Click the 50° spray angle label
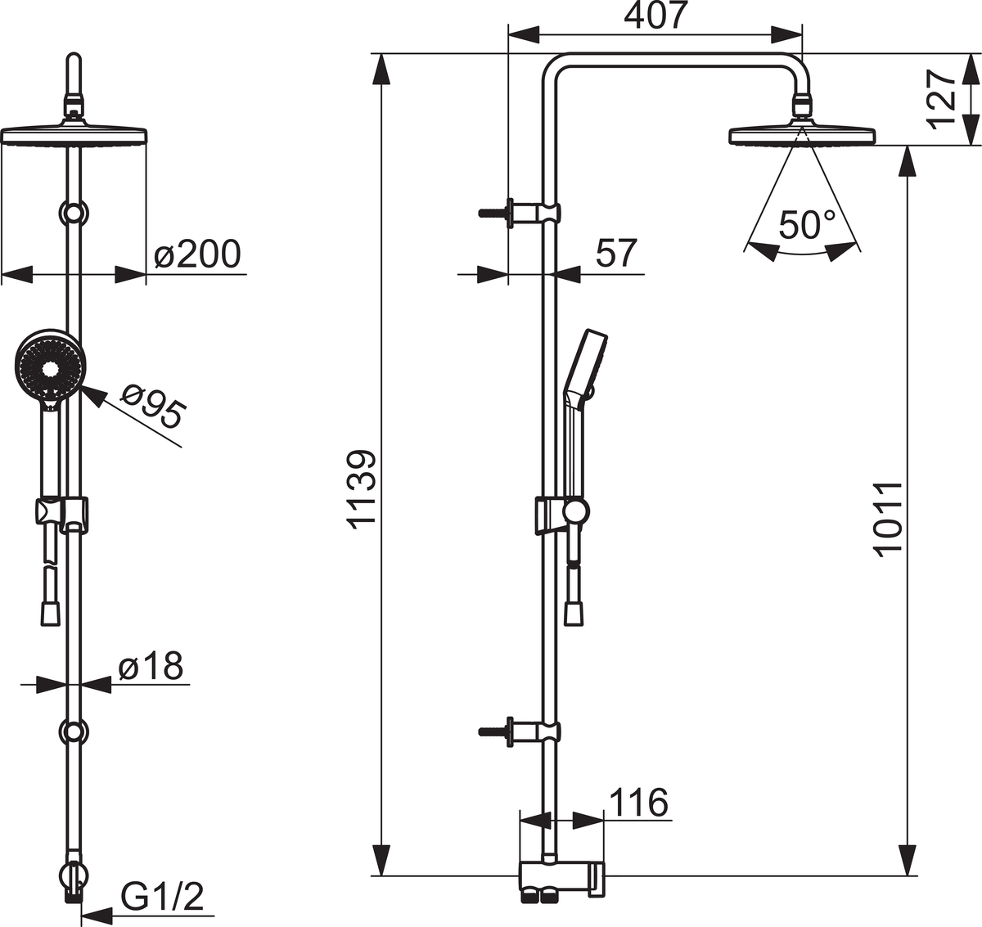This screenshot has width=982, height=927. [x=807, y=226]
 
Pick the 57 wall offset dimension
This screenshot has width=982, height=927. [x=616, y=253]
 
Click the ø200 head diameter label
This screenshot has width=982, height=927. [x=197, y=254]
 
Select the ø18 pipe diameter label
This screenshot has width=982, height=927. [x=151, y=665]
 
